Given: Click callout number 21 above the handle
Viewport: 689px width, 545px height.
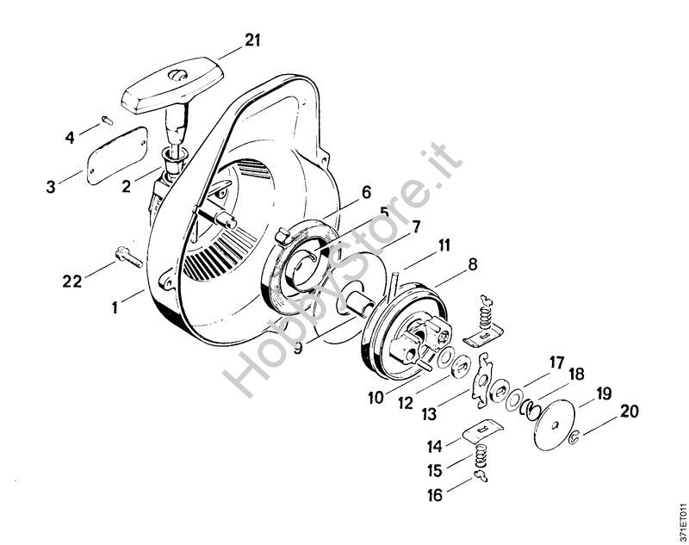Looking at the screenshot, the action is point(252,40).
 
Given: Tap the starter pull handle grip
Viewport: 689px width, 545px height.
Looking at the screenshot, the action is point(171,84).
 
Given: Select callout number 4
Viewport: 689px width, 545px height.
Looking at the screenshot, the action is point(70,138).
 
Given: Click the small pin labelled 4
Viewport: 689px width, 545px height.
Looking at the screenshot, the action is point(107,120).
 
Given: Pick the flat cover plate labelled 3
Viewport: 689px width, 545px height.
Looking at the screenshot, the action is point(117,155).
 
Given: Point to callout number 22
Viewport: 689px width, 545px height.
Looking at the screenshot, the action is point(72,281).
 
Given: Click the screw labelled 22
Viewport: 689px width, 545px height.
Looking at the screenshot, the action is point(128,257).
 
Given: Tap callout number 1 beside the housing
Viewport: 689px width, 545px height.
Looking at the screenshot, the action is point(115,307).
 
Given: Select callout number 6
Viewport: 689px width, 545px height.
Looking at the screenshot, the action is point(366,192).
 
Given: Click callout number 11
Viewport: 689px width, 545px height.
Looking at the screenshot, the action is point(444,245).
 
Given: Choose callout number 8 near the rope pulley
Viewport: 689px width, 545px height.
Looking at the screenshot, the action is point(472,265).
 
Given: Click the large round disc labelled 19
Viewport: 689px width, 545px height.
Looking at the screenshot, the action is point(556,425).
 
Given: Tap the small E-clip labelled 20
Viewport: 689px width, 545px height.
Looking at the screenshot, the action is point(574,437).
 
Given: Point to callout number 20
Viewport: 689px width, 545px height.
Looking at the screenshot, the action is point(629,412).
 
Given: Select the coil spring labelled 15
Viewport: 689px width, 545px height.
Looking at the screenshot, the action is point(481,457).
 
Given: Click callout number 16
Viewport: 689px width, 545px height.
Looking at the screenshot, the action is point(435,495).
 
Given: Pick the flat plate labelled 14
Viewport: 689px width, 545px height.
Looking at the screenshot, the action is point(483,431).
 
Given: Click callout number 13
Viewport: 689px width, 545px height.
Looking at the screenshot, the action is point(429,413).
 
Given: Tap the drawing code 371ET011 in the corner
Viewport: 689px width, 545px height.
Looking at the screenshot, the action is point(680,523).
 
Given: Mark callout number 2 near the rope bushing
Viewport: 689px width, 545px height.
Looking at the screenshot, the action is point(126,186).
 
